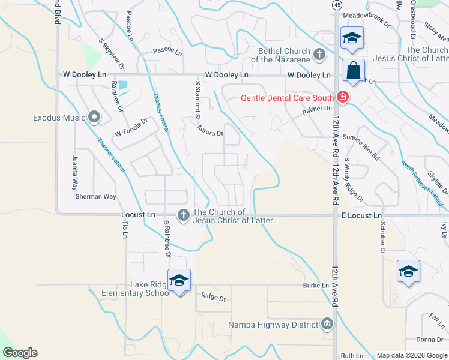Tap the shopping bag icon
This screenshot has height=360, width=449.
(x=353, y=71)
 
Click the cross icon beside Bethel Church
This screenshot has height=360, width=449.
(x=319, y=55)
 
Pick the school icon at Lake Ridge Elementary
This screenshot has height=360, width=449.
(x=179, y=281)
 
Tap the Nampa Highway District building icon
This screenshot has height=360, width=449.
(x=327, y=325)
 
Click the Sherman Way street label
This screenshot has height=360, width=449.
(x=95, y=196)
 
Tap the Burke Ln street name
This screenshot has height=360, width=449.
(x=316, y=286)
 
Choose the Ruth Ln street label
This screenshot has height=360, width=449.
(x=352, y=356)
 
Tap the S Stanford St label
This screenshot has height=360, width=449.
(x=197, y=101)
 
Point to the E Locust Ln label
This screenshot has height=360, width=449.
(x=361, y=215)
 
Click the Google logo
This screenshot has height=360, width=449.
(x=20, y=353)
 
